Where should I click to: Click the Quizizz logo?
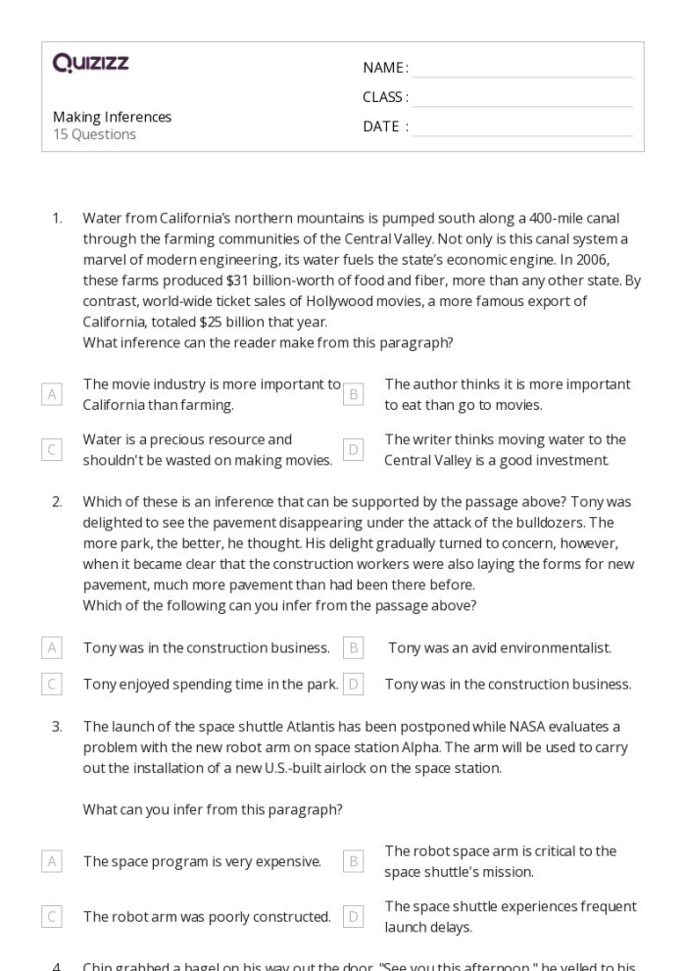(x=90, y=65)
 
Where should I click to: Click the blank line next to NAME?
(x=522, y=68)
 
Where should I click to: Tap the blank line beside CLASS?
(x=522, y=97)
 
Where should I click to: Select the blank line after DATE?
(x=522, y=127)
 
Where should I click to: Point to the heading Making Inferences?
(x=112, y=117)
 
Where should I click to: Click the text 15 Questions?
(x=94, y=134)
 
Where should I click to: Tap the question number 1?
(x=58, y=218)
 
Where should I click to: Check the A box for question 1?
(x=51, y=394)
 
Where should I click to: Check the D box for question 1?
(x=354, y=449)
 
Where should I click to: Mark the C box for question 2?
(x=51, y=684)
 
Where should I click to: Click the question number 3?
(x=58, y=727)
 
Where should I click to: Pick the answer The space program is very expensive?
(x=202, y=861)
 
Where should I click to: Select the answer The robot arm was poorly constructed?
(x=207, y=917)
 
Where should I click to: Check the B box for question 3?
(x=354, y=861)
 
